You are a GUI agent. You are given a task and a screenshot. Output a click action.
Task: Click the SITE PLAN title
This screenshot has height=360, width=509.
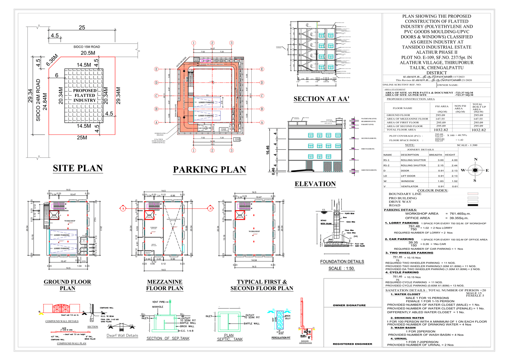click(78, 168)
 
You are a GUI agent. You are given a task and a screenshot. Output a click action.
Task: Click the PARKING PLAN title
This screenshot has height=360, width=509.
click(209, 170)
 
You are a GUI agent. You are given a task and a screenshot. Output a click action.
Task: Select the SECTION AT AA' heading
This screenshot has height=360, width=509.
click(321, 99)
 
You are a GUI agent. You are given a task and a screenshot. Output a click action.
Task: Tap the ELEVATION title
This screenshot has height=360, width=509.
click(315, 184)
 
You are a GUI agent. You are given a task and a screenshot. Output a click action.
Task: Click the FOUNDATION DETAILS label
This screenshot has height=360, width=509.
click(342, 261)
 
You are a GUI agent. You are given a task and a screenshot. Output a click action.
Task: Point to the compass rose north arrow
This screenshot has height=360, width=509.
click(475, 170)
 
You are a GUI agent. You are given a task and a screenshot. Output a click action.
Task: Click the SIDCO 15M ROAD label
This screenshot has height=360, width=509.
click(87, 47)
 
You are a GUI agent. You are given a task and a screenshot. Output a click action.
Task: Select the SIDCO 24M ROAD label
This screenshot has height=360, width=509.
click(38, 100)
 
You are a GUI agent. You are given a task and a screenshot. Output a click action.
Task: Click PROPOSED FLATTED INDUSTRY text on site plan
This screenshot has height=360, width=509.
click(85, 95)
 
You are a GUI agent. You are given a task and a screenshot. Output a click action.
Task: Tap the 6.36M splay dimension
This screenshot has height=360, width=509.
click(52, 60)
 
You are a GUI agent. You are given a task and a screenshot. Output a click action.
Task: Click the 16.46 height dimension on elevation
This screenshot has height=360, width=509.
click(268, 150)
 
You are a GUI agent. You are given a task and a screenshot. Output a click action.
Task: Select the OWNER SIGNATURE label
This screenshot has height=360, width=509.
click(349, 305)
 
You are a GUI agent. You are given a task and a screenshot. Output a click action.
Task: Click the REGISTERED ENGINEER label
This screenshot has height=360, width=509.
click(352, 344)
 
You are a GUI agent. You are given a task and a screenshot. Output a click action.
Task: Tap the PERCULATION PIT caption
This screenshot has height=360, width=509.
click(281, 338)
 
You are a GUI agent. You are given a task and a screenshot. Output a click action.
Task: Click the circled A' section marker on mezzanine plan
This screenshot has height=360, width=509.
click(210, 209)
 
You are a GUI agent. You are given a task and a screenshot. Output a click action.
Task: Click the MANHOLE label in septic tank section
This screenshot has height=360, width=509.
click(157, 307)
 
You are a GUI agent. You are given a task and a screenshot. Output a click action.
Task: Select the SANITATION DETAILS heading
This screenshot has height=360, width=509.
click(405, 290)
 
